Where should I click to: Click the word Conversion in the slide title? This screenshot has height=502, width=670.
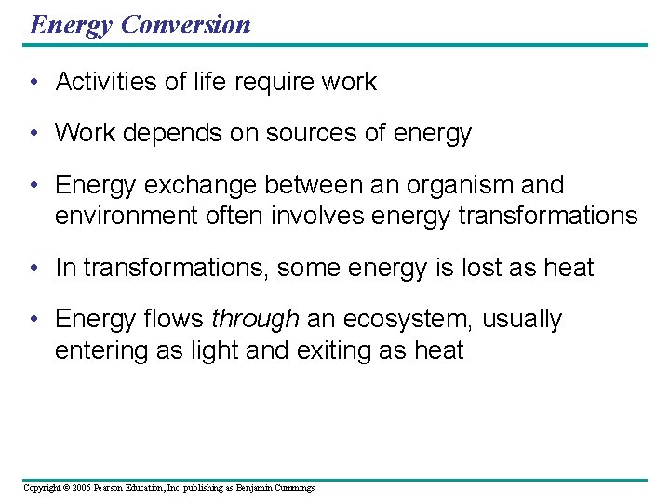(x=185, y=24)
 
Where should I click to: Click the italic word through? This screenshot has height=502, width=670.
(x=254, y=320)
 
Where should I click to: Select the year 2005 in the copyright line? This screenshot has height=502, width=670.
(x=81, y=487)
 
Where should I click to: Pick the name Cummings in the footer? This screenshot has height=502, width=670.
(x=294, y=487)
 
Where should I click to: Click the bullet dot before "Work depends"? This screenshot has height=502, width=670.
(x=33, y=134)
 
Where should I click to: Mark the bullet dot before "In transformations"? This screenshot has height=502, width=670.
(x=33, y=268)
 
